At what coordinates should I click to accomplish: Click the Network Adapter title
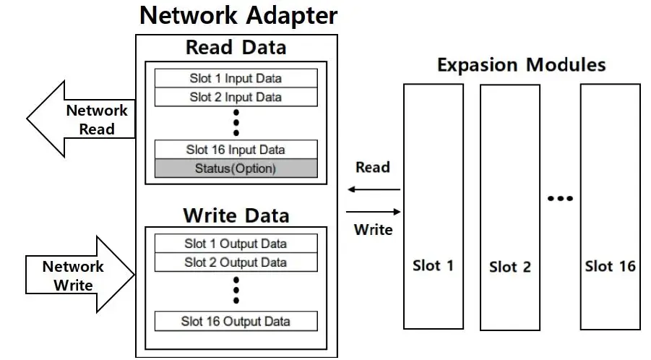pyautogui.click(x=238, y=15)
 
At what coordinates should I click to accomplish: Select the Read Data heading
pyautogui.click(x=236, y=48)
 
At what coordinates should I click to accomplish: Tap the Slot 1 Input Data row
pyautogui.click(x=236, y=78)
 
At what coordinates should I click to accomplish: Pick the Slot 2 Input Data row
pyautogui.click(x=236, y=97)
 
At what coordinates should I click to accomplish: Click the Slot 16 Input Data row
pyautogui.click(x=236, y=150)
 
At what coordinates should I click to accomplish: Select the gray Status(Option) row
pyautogui.click(x=236, y=168)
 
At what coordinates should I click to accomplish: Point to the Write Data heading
pyautogui.click(x=236, y=215)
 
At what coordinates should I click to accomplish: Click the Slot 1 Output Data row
pyautogui.click(x=236, y=244)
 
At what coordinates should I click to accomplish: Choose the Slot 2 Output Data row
pyautogui.click(x=236, y=262)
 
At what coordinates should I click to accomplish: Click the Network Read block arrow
pyautogui.click(x=79, y=119)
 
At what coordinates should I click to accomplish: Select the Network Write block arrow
pyautogui.click(x=79, y=275)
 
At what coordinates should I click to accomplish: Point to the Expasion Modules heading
pyautogui.click(x=521, y=64)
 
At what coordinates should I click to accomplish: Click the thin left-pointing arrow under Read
pyautogui.click(x=373, y=190)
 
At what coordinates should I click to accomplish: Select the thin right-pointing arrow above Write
pyautogui.click(x=373, y=212)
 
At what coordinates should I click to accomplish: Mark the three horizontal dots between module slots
pyautogui.click(x=559, y=198)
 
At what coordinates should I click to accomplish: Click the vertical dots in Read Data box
pyautogui.click(x=236, y=123)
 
